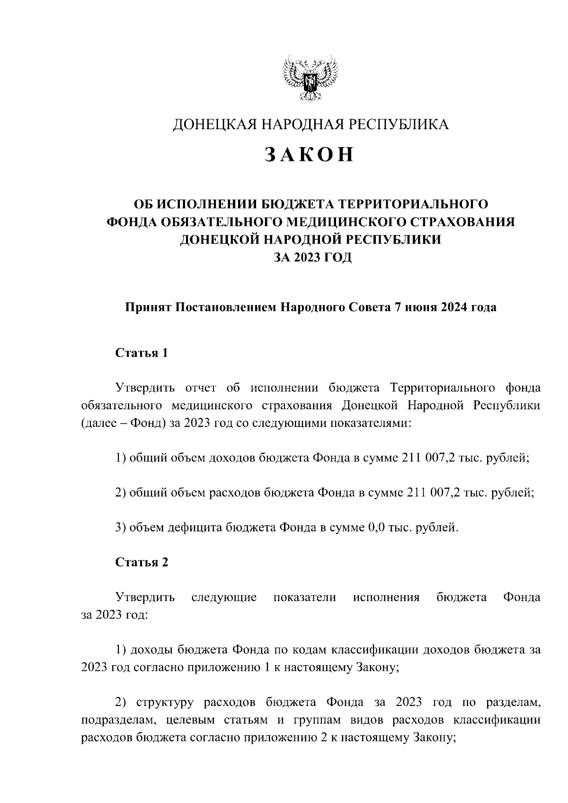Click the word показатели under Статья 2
coord(305,597)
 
